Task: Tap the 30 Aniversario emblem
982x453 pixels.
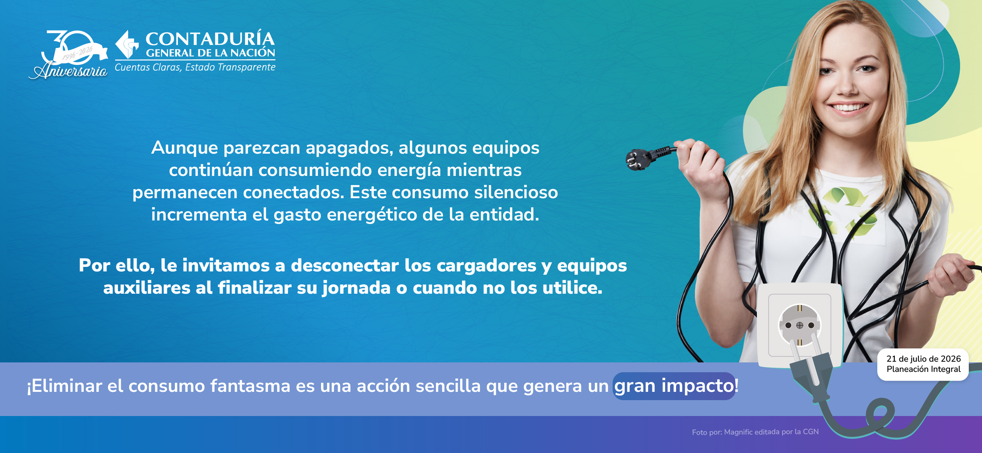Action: click(x=69, y=54)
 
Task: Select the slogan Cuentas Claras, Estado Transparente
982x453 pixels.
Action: click(x=195, y=68)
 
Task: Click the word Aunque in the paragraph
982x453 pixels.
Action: click(x=185, y=148)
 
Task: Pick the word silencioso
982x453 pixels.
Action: click(x=516, y=192)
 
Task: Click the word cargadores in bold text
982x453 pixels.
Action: click(x=486, y=266)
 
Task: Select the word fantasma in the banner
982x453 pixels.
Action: click(x=250, y=386)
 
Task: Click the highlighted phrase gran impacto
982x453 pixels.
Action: click(x=674, y=386)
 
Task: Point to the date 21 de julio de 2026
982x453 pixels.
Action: click(x=923, y=359)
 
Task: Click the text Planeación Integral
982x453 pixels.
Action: click(x=923, y=369)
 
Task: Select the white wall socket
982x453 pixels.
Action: click(x=800, y=325)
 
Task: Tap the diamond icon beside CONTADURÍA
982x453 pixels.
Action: click(x=127, y=45)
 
